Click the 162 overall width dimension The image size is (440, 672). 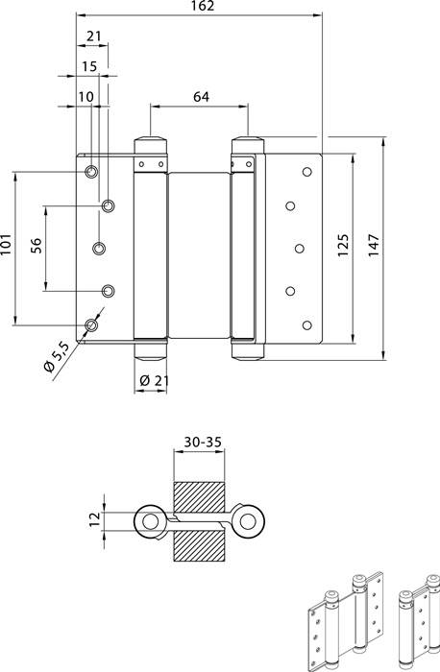(200, 7)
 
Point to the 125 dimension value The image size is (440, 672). (344, 248)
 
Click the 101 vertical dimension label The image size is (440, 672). (7, 248)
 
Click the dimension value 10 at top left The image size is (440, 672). (86, 96)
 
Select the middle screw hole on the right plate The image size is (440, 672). (300, 248)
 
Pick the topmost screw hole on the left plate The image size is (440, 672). (90, 172)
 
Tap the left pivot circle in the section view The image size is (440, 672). (150, 520)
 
